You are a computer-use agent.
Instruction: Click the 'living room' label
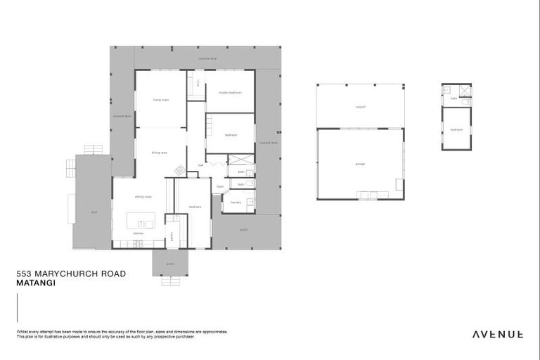pos(161,100)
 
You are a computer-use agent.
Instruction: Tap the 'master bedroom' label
pos(230,91)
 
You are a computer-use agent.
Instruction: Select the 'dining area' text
pos(160,152)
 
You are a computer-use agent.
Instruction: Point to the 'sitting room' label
pos(143,197)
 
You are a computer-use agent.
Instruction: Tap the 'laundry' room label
pos(236,202)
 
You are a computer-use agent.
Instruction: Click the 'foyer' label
pos(219,186)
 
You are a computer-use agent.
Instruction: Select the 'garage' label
pos(360,164)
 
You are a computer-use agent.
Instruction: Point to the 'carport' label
pos(360,107)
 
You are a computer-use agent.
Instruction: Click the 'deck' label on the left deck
pos(93,211)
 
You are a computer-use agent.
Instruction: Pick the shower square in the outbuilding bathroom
pos(464,91)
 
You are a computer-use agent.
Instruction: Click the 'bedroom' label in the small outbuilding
pos(456,129)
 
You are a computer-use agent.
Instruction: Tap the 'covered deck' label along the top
pos(207,59)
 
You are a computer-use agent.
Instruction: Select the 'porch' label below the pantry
pos(170,264)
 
